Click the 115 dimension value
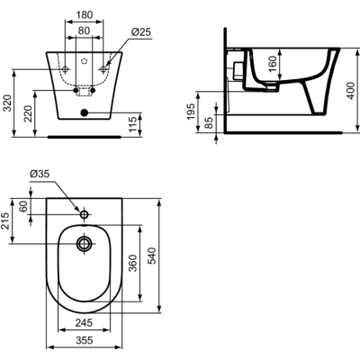pyautogui.click(x=133, y=121)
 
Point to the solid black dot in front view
pyautogui.click(x=85, y=112)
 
